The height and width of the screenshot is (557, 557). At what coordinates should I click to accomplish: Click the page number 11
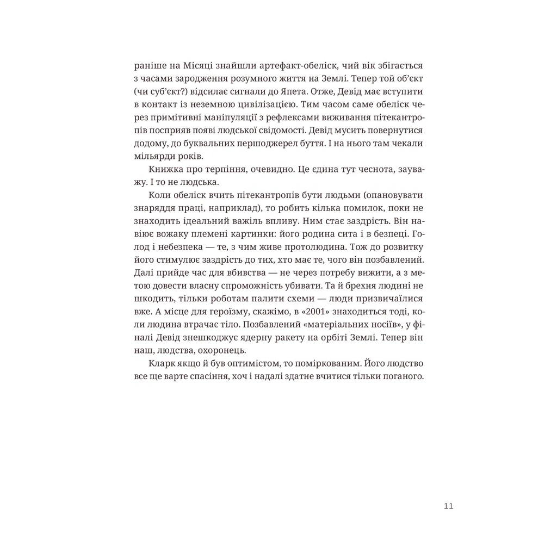(448, 506)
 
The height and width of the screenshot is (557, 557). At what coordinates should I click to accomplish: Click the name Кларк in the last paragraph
(161, 362)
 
